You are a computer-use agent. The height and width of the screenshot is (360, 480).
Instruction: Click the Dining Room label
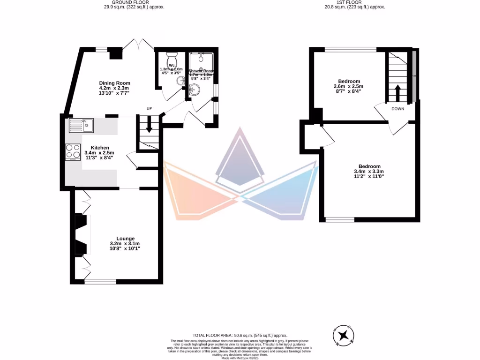[114, 83]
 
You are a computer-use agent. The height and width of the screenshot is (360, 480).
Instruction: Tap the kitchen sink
[82, 125]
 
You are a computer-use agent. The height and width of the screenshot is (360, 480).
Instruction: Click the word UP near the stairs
[150, 109]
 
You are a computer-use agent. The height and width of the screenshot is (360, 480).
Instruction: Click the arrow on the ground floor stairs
[149, 124]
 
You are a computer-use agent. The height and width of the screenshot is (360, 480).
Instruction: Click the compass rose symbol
[345, 335]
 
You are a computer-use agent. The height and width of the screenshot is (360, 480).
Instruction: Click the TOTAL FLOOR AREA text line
[240, 336]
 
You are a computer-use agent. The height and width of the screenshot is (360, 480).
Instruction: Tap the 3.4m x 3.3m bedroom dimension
[369, 172]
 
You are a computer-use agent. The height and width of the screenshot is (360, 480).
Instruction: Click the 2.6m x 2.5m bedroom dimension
[348, 86]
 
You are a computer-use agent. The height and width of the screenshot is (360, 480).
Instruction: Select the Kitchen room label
[100, 148]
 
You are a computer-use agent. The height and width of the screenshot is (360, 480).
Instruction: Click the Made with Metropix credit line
[240, 358]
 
